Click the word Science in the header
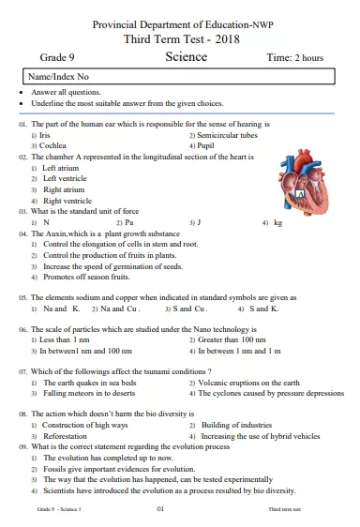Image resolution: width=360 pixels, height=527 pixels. click(x=186, y=57)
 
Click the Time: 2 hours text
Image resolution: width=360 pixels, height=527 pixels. click(x=294, y=58)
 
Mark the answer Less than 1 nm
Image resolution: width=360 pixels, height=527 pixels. click(x=64, y=340)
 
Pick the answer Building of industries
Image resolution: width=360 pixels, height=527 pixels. click(x=239, y=425)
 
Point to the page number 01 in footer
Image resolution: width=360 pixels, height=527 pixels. click(x=160, y=508)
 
